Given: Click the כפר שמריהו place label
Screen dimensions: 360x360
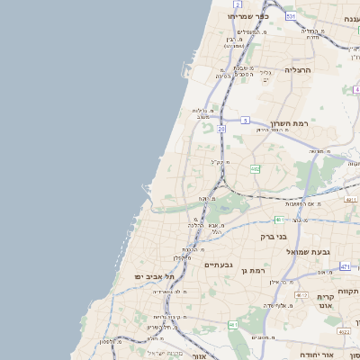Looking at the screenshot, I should tap(246, 16).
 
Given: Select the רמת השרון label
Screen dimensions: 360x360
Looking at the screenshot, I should tap(289, 122).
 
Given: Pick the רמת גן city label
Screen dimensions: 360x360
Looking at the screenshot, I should tap(257, 270).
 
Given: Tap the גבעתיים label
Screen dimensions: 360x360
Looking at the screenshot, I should tap(219, 265).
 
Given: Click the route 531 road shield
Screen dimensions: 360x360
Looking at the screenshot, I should tap(290, 16).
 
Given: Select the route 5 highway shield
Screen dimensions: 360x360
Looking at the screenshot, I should tap(245, 119).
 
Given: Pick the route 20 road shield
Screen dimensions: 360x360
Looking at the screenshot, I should tap(221, 129).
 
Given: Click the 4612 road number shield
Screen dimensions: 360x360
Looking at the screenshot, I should tap(301, 294).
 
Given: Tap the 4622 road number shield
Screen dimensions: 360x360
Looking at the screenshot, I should tap(344, 330).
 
